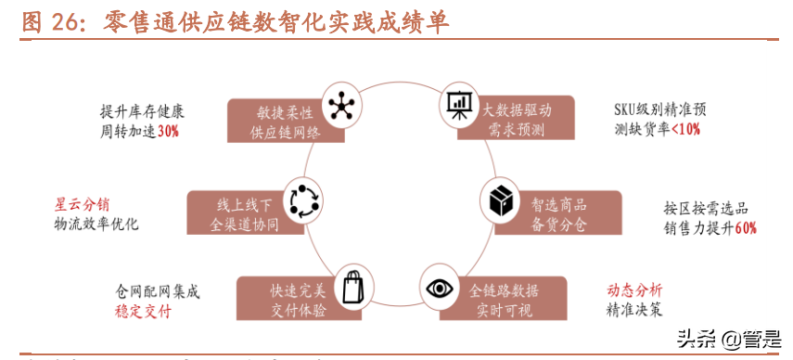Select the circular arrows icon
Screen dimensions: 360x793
[x=303, y=199]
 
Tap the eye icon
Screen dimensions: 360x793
[x=438, y=288]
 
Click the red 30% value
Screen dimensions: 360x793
[x=168, y=131]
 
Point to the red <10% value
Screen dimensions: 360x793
[x=685, y=130]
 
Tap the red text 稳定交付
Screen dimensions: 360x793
[x=142, y=311]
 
